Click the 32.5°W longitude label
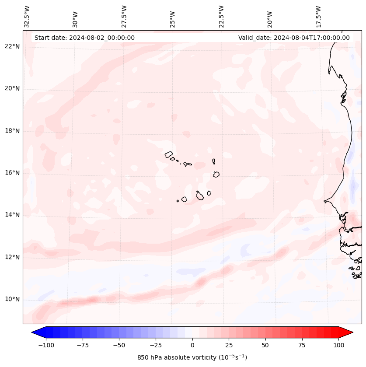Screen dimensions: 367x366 27,17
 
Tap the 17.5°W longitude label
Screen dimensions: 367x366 318,17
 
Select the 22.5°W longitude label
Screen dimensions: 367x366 221,17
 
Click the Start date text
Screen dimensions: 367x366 84,38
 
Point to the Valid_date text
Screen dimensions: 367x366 294,38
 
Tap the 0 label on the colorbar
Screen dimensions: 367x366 192,345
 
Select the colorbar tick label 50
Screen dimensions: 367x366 265,345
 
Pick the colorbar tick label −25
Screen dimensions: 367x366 156,345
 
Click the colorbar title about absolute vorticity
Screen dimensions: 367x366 192,357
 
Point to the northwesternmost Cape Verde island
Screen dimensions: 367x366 169,154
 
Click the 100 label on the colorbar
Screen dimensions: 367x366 338,345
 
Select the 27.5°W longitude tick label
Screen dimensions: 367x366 124,17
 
